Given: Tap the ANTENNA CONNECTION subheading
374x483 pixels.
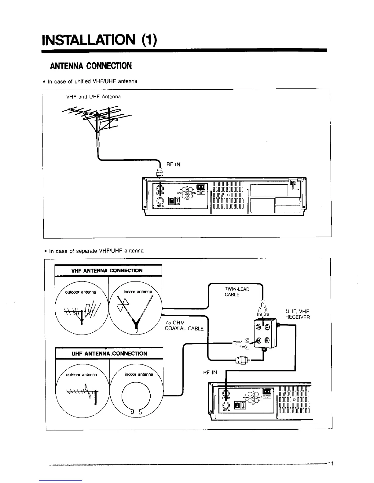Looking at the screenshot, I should (x=89, y=66).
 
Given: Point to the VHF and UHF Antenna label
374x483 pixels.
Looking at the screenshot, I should (x=94, y=97).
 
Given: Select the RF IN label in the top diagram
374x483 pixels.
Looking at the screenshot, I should (x=173, y=164).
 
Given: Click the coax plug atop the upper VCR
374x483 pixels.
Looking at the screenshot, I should (x=160, y=173).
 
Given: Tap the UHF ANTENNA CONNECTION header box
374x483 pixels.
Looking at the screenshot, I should (x=109, y=353).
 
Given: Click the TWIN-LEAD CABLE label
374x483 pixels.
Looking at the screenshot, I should (x=237, y=292).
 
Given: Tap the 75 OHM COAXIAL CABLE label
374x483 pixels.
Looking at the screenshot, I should (x=184, y=325).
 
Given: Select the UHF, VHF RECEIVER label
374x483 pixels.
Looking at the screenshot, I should (x=298, y=314).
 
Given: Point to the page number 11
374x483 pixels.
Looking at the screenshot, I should (x=331, y=464).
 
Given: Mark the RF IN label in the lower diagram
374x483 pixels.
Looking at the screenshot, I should (x=210, y=372).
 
